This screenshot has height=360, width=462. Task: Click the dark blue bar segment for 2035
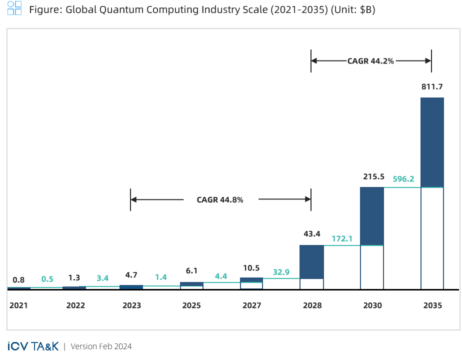[432, 142]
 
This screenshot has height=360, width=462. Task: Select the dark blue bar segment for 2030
[372, 216]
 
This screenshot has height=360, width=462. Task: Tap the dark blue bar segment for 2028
[311, 261]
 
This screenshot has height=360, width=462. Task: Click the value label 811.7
[432, 87]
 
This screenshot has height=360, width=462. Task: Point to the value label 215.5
[372, 176]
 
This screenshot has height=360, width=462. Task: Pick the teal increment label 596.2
[403, 179]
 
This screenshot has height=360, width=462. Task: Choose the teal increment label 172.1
[342, 238]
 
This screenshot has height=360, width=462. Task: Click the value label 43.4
[311, 234]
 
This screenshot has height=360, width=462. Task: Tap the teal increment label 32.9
[281, 272]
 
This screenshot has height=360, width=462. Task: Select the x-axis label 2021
[18, 305]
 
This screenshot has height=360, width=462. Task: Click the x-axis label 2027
[251, 305]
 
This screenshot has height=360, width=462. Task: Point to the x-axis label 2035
[432, 305]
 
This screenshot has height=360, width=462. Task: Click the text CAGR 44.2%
[370, 61]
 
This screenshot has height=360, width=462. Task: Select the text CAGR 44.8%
[220, 200]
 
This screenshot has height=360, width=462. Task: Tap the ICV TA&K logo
[33, 346]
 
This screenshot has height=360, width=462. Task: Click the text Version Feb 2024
[101, 346]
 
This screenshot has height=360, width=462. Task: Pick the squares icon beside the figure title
[14, 8]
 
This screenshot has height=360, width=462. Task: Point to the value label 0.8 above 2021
[18, 280]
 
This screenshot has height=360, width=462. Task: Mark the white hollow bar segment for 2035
[432, 238]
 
